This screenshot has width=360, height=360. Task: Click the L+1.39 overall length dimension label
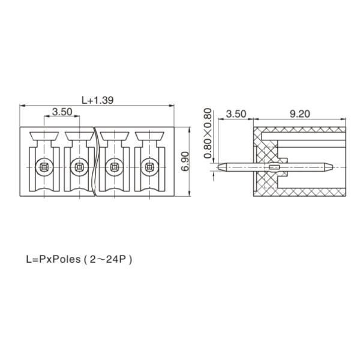point(98,100)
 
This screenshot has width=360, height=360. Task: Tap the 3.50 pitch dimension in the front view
point(62,112)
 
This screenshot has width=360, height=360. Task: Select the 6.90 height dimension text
point(185,161)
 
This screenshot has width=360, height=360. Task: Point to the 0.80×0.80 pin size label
point(208,133)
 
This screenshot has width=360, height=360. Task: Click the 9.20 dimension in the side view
point(299,114)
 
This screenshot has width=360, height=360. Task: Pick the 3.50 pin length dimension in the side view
point(236,114)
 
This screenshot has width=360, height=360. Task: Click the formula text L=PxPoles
point(53,259)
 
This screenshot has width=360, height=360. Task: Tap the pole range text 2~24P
point(108,259)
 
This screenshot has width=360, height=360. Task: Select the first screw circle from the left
point(44,167)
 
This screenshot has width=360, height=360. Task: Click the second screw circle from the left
point(79,167)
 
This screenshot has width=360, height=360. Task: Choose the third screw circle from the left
point(115,167)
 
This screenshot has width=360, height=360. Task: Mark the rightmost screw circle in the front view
point(149,167)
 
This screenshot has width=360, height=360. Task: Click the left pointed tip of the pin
point(218,167)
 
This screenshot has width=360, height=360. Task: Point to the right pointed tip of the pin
point(332,167)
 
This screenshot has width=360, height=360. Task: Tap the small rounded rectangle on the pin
point(274,167)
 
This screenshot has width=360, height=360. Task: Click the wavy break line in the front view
point(95,161)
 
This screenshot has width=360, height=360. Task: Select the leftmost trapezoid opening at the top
point(44,136)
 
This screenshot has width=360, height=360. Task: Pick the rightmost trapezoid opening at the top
point(149,136)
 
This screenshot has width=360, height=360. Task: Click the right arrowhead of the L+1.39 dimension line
point(172,106)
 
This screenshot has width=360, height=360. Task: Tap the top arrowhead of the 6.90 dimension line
point(190,130)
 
